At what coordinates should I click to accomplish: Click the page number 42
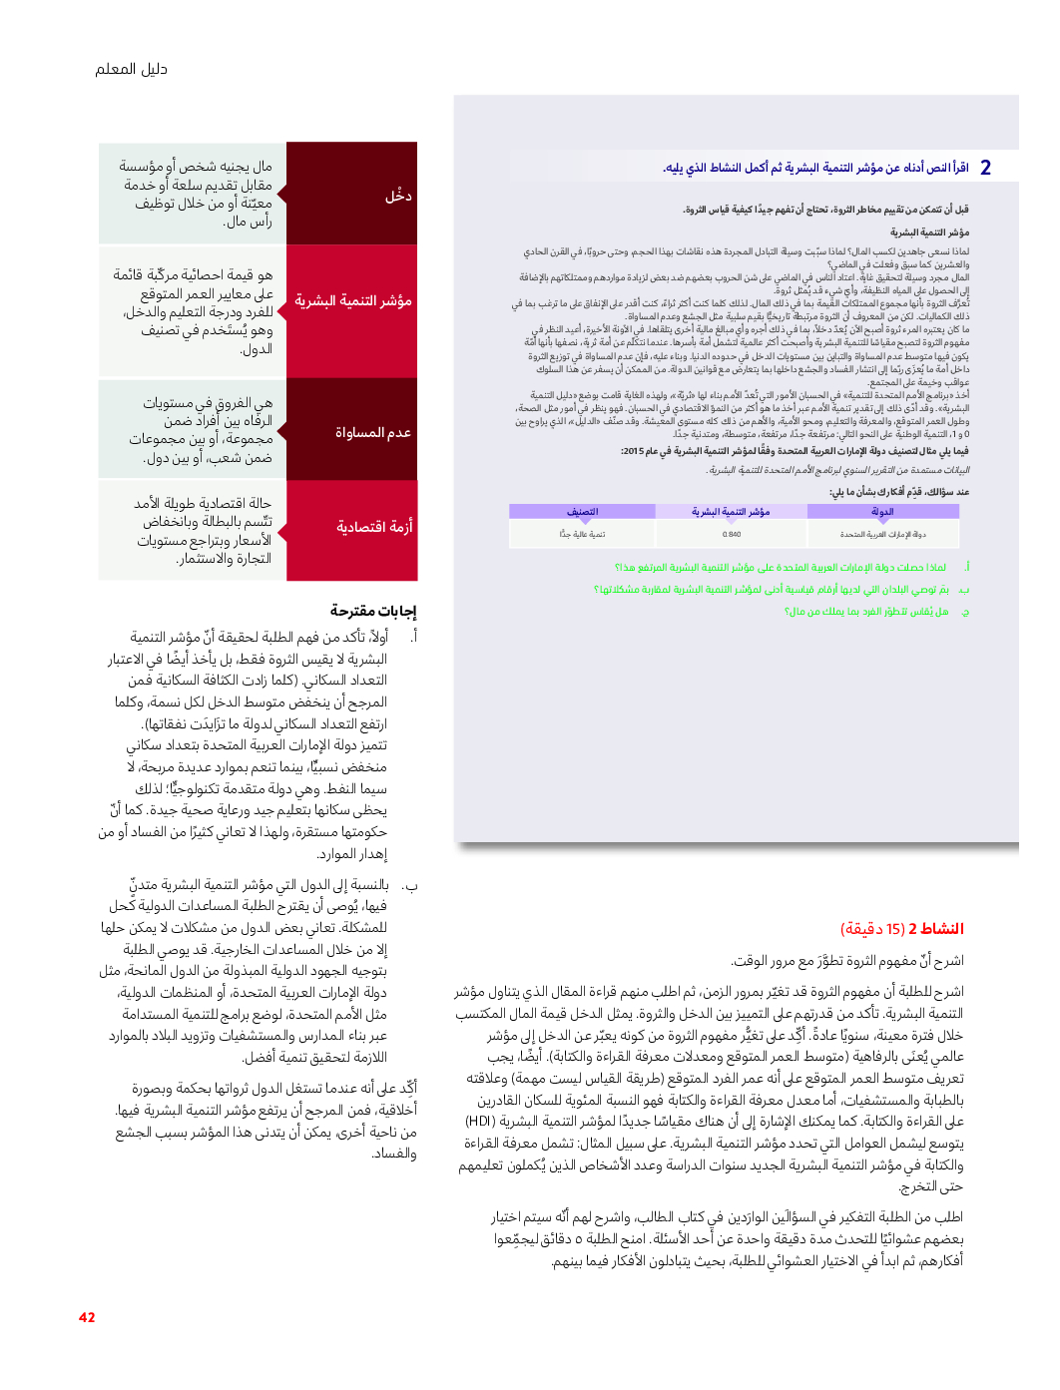tap(87, 1317)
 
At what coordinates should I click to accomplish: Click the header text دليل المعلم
tap(131, 69)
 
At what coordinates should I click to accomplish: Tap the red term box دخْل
tap(398, 196)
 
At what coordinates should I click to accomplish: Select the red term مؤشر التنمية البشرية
tap(352, 300)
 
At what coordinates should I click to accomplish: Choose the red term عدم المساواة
tap(372, 432)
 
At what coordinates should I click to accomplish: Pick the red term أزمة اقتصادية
tap(373, 527)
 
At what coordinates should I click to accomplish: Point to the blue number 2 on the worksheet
tap(985, 168)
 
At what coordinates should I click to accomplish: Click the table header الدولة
tap(882, 512)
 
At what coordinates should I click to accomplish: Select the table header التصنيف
tap(582, 512)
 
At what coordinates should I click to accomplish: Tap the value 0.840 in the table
tap(732, 534)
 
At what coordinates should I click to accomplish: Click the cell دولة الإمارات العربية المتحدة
tap(882, 534)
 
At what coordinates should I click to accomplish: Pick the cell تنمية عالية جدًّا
tap(582, 534)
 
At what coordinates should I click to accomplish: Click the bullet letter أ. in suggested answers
tap(412, 637)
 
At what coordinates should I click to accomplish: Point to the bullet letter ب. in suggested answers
tap(409, 885)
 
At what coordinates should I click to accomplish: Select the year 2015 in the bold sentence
tap(632, 451)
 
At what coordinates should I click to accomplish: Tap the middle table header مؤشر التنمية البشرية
tap(731, 512)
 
